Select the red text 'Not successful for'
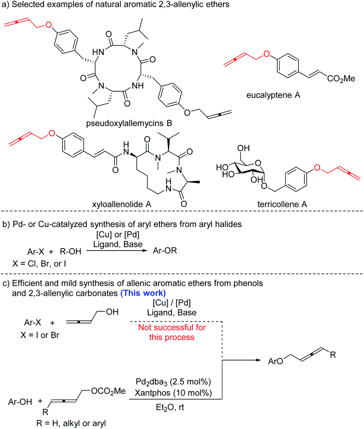coord(172,328)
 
